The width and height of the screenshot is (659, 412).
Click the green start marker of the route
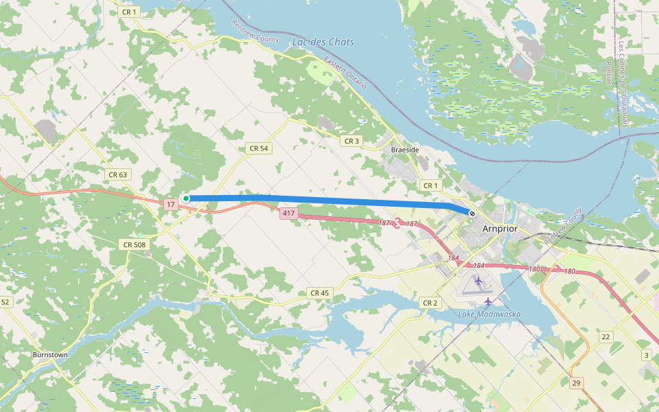coord(186,198)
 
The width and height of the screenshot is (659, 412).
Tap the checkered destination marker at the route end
coord(472,214)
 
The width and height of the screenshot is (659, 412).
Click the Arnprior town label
coord(500,229)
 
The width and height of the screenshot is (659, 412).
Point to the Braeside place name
coord(404,149)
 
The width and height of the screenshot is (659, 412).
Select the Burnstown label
coord(50,355)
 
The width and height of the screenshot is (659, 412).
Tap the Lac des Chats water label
coord(323,42)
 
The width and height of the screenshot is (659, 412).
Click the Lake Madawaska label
coord(489,314)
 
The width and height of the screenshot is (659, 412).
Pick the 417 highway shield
coord(288,214)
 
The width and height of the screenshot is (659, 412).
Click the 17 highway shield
coord(171,205)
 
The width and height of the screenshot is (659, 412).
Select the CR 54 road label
coord(259,148)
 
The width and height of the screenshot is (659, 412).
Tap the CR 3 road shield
coord(351,141)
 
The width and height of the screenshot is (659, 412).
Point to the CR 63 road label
coord(117,174)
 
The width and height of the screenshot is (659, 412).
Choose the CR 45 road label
coord(319,293)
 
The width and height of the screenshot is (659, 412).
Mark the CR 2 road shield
coord(430,303)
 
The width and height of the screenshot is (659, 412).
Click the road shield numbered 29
coord(576,382)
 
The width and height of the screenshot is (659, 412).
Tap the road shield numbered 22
coord(605,336)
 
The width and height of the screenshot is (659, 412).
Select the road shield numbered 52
coord(5,302)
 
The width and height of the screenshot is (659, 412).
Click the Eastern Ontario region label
coord(346,73)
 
